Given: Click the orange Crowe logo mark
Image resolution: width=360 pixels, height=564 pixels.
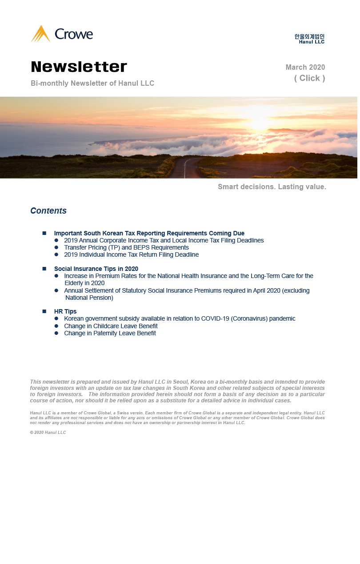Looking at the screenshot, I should (40, 34).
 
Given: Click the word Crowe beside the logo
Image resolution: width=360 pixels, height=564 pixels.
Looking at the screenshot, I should (74, 34).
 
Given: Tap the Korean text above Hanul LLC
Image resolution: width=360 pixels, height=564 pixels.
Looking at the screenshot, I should (309, 36).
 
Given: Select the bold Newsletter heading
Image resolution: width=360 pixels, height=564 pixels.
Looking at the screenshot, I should (79, 67).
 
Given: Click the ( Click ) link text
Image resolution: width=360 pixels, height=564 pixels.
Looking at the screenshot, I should (309, 78).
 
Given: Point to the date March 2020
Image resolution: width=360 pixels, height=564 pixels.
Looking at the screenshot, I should (305, 68).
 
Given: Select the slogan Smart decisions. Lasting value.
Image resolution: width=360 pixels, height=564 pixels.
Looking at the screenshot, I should (272, 187).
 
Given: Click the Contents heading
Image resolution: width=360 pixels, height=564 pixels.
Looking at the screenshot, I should (48, 211).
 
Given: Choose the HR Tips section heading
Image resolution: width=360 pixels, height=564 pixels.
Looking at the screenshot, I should (65, 312).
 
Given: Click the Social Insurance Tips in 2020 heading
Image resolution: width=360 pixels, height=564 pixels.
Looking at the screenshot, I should (96, 269).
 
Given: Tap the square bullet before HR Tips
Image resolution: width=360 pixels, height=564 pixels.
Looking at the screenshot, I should (44, 312).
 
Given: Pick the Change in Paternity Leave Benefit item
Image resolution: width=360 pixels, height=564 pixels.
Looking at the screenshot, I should (110, 333).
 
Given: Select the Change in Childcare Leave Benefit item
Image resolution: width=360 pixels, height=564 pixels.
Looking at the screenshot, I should (111, 326).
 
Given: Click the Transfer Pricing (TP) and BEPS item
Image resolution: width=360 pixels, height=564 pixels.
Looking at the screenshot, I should (126, 247).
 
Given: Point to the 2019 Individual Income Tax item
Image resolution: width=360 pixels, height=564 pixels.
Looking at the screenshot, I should (131, 254).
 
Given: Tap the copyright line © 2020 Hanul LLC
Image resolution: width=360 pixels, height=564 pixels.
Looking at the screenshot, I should (48, 433).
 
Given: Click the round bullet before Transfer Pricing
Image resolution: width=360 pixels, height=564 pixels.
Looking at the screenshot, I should (56, 247).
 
